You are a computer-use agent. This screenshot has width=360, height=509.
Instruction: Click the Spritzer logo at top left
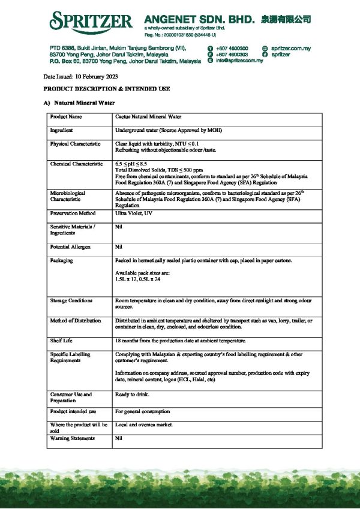91,22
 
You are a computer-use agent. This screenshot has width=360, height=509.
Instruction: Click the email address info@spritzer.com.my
239,61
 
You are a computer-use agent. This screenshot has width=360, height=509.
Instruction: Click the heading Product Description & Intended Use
106,89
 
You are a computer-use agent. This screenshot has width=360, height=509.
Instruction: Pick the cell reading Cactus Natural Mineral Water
148,117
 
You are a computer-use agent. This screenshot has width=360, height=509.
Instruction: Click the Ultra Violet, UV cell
134,213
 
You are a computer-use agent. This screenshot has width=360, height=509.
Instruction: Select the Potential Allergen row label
71,247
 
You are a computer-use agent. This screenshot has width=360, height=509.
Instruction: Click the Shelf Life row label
61,341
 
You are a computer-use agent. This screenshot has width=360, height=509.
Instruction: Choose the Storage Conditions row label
71,300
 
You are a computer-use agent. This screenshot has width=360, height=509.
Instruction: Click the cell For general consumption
142,411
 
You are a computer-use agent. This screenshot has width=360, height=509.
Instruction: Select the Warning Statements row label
73,438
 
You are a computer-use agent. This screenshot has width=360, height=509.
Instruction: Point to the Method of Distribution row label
76,321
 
